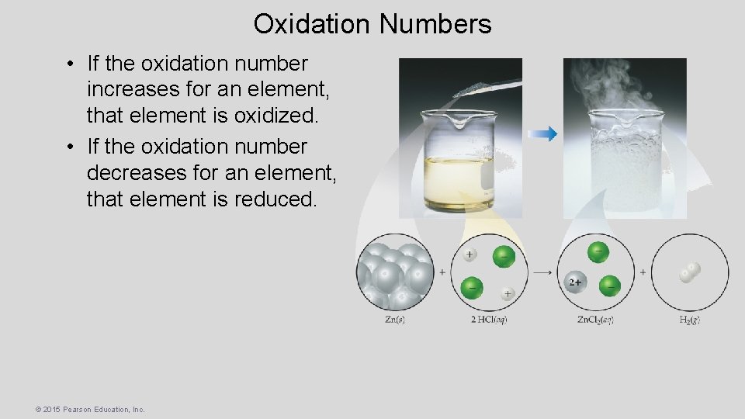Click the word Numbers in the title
pos(435,24)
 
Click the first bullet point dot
pos(70,64)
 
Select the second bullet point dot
pos(70,147)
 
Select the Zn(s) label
pos(395,320)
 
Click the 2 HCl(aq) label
pos(489,320)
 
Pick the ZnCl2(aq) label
pos(596,320)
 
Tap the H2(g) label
pos(689,320)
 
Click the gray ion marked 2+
pos(575,282)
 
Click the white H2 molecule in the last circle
pos(689,272)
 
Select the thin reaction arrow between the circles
pos(542,272)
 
